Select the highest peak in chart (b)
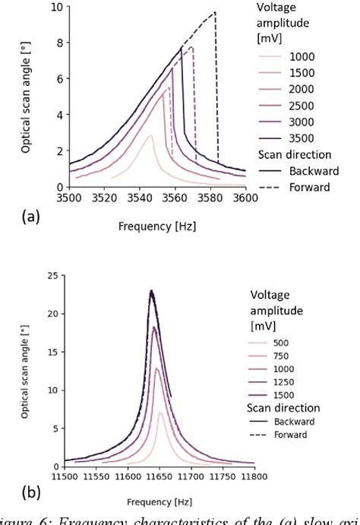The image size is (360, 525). pos(152,290)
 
